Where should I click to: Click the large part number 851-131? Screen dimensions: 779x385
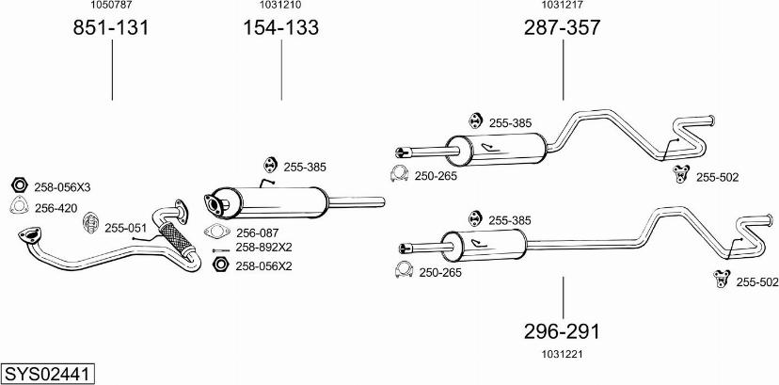pos(111,28)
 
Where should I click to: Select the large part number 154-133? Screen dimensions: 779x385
pos(280,28)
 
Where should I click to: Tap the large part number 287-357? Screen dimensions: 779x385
pos(563,28)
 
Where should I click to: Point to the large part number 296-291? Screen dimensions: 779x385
pos(562,330)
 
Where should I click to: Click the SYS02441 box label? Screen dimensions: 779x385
pos(48,373)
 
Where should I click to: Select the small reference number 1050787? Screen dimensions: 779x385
pos(110,5)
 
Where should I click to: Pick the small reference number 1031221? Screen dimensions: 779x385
pos(562,354)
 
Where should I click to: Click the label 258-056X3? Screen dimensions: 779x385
pos(62,187)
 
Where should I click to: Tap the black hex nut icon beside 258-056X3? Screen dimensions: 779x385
pos(20,185)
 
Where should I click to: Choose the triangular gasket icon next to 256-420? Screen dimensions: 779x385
pos(19,206)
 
